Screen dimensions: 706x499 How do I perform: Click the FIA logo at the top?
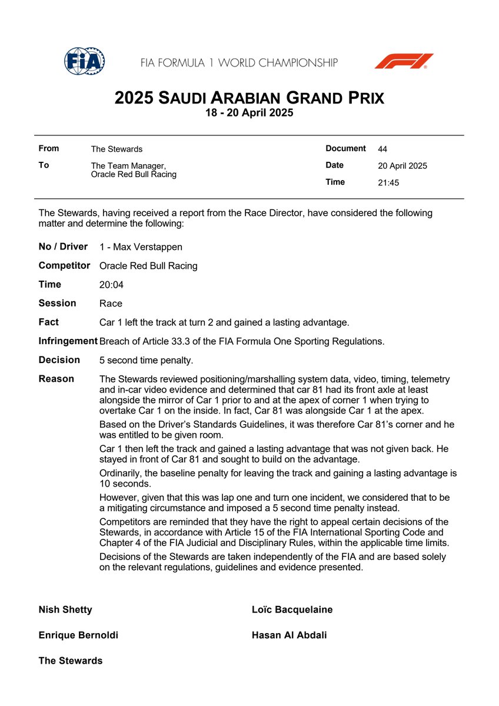[84, 61]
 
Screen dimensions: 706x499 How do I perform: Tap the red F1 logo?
[404, 61]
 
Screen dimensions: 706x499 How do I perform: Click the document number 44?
[382, 149]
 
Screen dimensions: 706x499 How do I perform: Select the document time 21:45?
[388, 182]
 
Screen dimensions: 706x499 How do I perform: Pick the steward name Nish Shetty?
[65, 610]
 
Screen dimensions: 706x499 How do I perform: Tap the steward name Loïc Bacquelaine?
[292, 610]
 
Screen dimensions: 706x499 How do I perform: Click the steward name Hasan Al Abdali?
[290, 635]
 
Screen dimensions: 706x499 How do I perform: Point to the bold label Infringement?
[68, 341]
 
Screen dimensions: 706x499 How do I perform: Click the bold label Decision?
[59, 360]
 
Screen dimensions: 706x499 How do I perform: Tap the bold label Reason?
[56, 379]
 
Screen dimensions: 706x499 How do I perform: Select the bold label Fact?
[49, 322]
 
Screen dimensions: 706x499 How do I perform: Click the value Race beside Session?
[111, 304]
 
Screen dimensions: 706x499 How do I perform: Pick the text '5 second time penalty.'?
[146, 360]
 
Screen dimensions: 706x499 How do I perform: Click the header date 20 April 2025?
[402, 166]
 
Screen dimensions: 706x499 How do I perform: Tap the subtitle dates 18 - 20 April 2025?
[249, 112]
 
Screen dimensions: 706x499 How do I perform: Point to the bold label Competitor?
[65, 266]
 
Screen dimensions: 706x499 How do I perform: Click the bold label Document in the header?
[346, 149]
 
